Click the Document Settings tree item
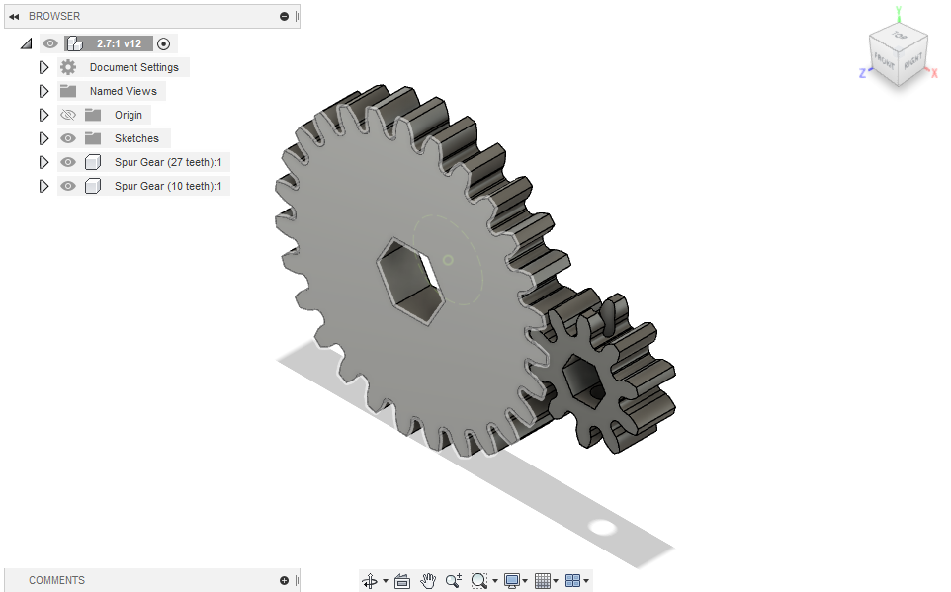pos(133,67)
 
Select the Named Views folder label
pos(123,91)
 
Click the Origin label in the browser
pos(128,115)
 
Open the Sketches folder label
pos(136,138)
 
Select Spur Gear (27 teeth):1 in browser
pos(167,162)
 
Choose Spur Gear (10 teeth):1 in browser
pos(167,186)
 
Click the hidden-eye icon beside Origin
pos(68,115)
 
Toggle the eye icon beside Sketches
pos(68,138)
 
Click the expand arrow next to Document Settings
pos(43,67)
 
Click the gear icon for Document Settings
pos(68,67)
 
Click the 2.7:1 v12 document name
pos(119,43)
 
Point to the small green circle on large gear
pos(448,260)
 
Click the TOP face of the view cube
pos(899,37)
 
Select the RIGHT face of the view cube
pos(912,62)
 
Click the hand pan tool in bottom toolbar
pos(428,581)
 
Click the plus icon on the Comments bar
pos(284,580)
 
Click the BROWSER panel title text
pos(54,16)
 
